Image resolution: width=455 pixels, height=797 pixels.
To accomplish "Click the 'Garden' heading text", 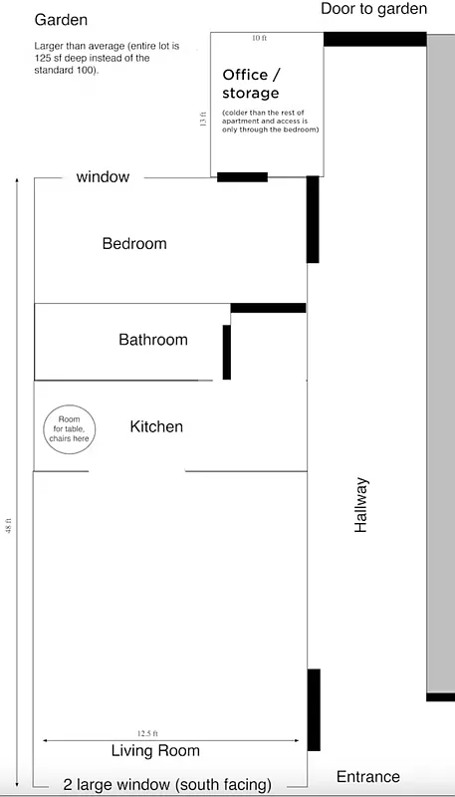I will (61, 20).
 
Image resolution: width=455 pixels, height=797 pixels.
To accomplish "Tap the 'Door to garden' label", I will (373, 9).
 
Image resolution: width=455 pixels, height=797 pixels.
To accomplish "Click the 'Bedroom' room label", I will (134, 243).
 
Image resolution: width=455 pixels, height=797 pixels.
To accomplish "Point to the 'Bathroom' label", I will (153, 340).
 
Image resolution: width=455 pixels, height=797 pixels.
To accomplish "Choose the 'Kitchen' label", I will (156, 426).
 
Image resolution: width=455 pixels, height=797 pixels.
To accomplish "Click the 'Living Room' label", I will (155, 751).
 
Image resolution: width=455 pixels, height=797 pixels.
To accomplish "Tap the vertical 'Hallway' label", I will (361, 505).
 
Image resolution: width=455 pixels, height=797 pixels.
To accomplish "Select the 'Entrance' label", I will (368, 777).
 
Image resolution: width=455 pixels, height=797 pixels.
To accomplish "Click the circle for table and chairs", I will (69, 430).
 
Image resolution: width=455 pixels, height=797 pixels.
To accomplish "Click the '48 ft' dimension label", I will (9, 525).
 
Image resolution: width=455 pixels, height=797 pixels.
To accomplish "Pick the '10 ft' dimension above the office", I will (259, 38).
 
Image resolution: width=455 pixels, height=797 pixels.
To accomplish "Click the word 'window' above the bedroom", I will (104, 177).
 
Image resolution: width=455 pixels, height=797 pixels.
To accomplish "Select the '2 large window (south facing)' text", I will (167, 784).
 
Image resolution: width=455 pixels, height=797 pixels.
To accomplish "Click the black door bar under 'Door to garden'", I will (374, 40).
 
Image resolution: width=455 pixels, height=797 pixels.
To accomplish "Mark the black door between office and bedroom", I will (242, 177).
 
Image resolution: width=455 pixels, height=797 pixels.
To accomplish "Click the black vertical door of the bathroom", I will (227, 351).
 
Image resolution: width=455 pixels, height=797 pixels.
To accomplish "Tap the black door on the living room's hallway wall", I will (314, 709).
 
